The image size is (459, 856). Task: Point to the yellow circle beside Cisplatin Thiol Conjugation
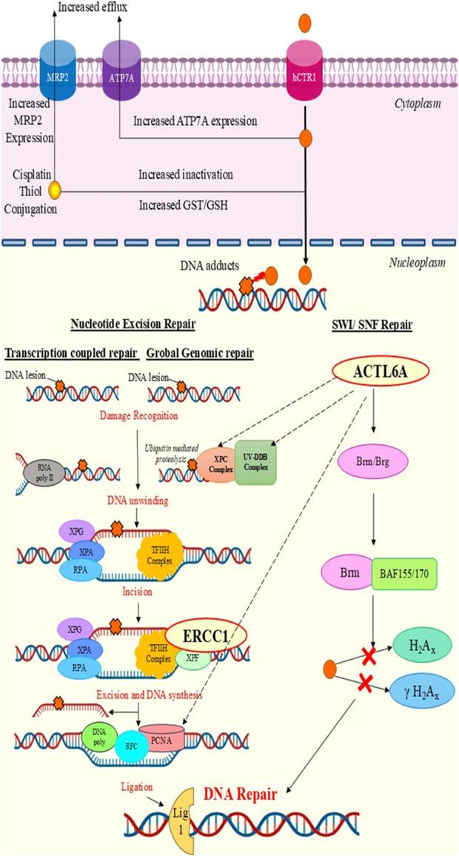tap(53, 192)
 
